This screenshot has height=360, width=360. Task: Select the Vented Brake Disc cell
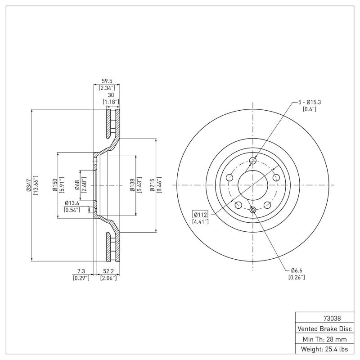(x=324, y=328)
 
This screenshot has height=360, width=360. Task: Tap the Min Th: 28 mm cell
(x=324, y=339)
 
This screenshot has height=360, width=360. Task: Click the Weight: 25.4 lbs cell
(x=324, y=349)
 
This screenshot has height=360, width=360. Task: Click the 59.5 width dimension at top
(x=107, y=81)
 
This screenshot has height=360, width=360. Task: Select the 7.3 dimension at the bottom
(x=81, y=271)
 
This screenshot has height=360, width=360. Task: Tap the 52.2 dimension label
(x=108, y=271)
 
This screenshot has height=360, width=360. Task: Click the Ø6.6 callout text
(x=296, y=270)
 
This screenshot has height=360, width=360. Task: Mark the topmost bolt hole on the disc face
(x=252, y=161)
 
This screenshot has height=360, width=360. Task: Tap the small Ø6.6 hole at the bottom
(x=252, y=210)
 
